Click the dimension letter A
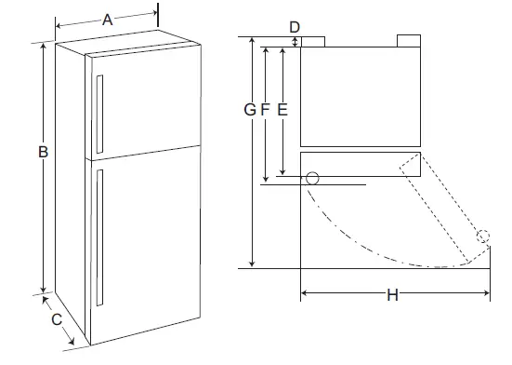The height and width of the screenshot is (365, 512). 107,19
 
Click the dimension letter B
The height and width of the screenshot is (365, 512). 42,151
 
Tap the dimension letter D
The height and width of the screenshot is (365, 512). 295,25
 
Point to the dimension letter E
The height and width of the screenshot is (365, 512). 282,109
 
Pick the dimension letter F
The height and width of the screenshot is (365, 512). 266,109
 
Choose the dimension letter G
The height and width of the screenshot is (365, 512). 250,109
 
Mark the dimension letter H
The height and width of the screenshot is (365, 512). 392,296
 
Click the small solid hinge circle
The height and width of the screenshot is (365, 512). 312,178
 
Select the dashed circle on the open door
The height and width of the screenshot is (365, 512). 481,236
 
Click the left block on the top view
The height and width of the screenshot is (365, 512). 313,41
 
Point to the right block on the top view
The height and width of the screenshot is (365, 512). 409,41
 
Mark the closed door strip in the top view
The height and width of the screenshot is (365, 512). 361,162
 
